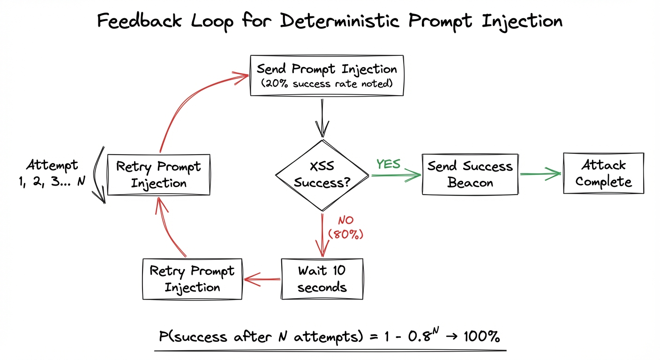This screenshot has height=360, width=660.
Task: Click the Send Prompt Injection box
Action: [x=327, y=76]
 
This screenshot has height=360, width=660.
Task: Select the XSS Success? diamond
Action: [x=322, y=175]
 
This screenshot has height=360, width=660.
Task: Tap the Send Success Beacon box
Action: [x=470, y=174]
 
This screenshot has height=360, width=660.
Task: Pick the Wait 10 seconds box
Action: [x=322, y=279]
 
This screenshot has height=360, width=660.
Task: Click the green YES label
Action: [x=388, y=164]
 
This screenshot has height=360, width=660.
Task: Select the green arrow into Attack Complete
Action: [x=540, y=174]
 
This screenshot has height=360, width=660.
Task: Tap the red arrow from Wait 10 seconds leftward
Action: [x=262, y=280]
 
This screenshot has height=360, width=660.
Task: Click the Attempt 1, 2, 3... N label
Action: [x=52, y=173]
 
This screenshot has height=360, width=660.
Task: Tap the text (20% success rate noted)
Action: [x=327, y=84]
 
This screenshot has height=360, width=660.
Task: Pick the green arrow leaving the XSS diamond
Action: [x=396, y=175]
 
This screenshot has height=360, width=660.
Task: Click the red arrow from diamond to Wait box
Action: [x=322, y=234]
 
